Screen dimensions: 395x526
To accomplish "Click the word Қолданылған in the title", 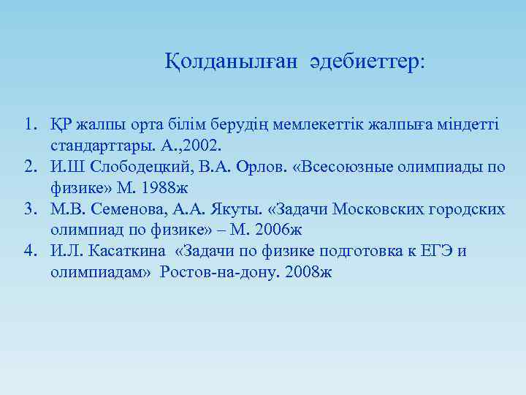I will click(x=231, y=62).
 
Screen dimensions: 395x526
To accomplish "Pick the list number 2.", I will click(x=28, y=167).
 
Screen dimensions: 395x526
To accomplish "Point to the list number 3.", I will click(x=28, y=209).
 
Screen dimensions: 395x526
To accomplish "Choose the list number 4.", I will click(x=28, y=252).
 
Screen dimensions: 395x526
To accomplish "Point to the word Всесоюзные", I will click(x=362, y=167).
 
